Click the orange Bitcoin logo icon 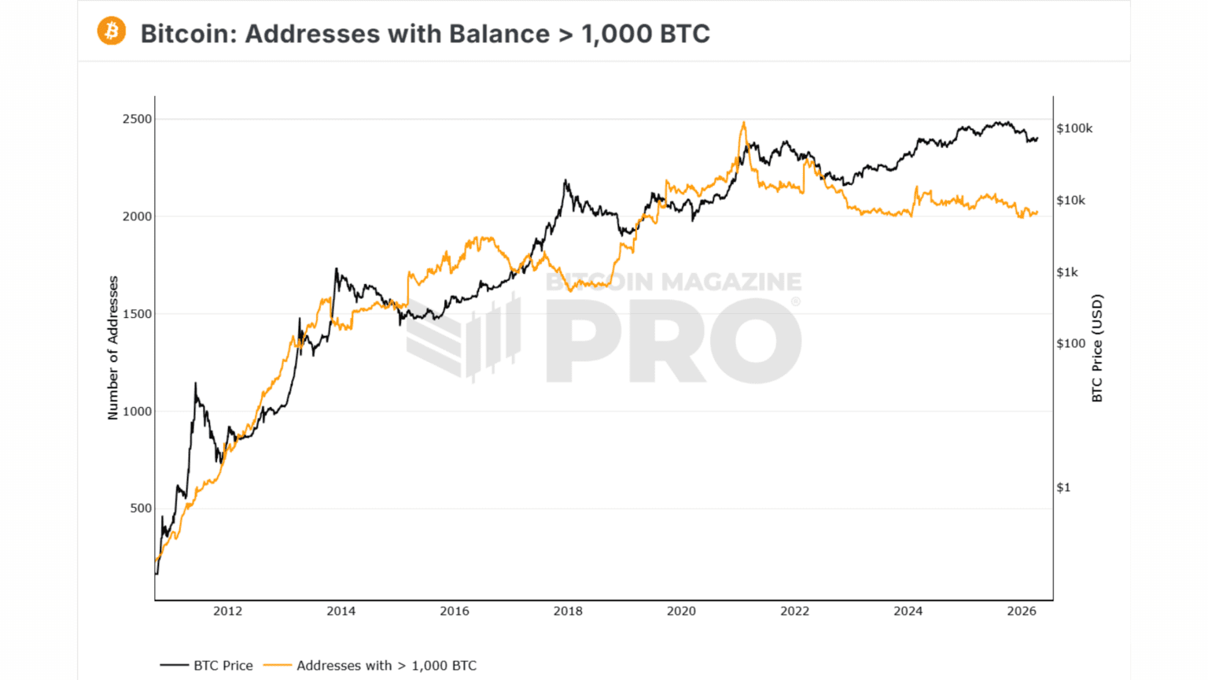click(112, 31)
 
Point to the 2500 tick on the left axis click(137, 120)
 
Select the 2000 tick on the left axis click(137, 216)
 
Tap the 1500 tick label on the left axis click(137, 314)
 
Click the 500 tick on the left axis click(140, 508)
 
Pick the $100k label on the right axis click(1074, 128)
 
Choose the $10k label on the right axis click(1070, 201)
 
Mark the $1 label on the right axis click(1063, 488)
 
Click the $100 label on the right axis click(1070, 344)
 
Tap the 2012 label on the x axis click(227, 612)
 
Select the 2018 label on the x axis click(568, 612)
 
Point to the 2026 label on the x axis click(1021, 612)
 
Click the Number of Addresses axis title click(112, 348)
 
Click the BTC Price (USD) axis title click(1097, 348)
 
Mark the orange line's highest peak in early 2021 click(743, 123)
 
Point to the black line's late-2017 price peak click(565, 181)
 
